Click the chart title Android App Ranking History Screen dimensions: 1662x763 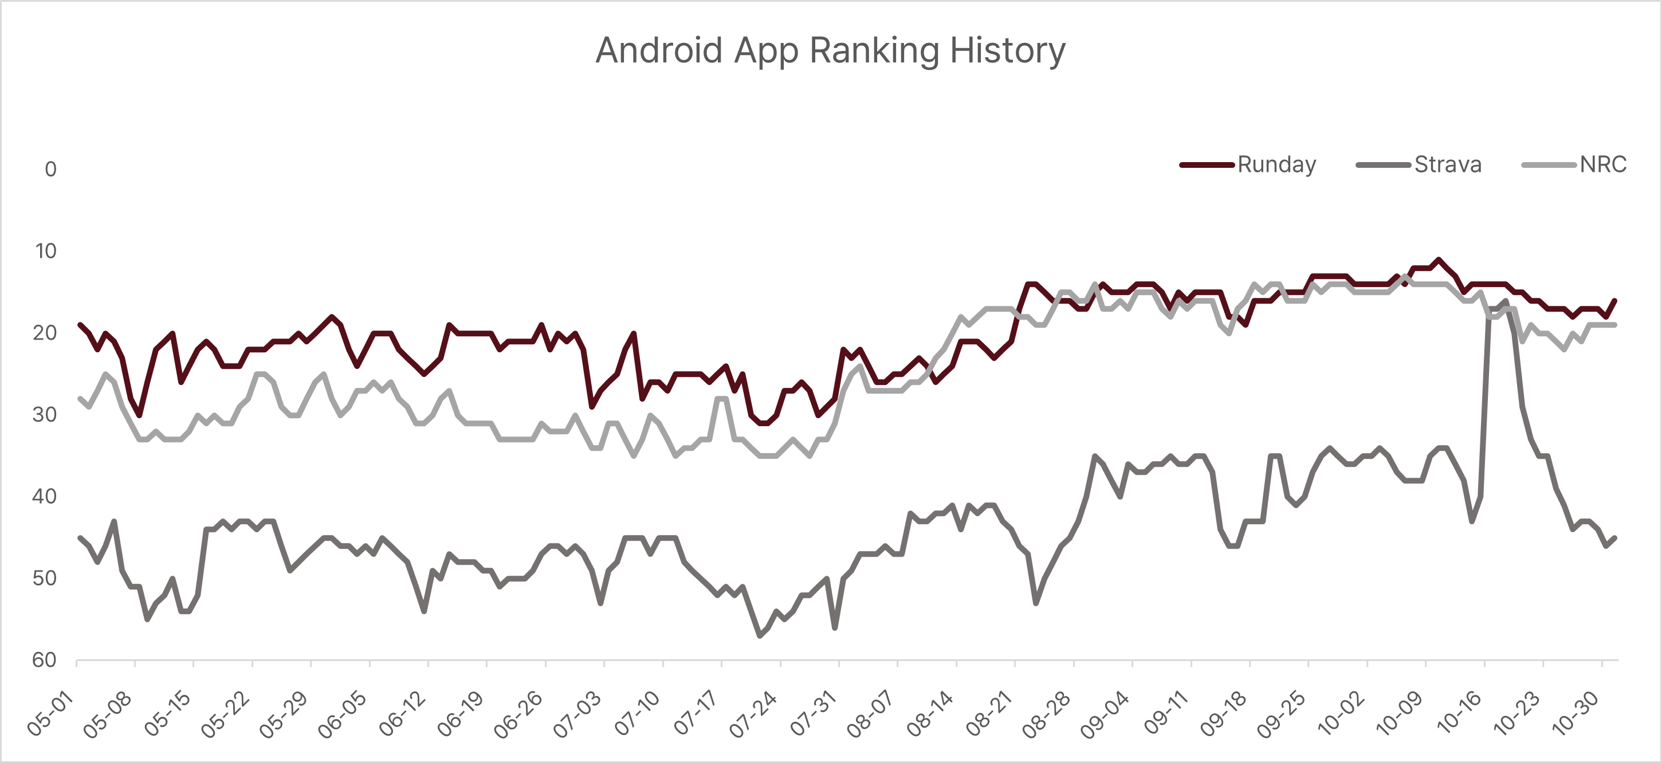point(830,51)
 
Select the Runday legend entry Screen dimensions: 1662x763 point(1248,164)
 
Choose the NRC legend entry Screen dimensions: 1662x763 point(1574,164)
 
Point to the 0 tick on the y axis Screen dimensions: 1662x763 point(50,169)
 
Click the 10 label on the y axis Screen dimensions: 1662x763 point(46,251)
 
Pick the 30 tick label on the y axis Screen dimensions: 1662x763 point(45,415)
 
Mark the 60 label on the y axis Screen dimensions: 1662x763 point(45,660)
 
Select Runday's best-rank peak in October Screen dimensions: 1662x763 point(1439,259)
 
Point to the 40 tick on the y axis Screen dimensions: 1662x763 point(45,497)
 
